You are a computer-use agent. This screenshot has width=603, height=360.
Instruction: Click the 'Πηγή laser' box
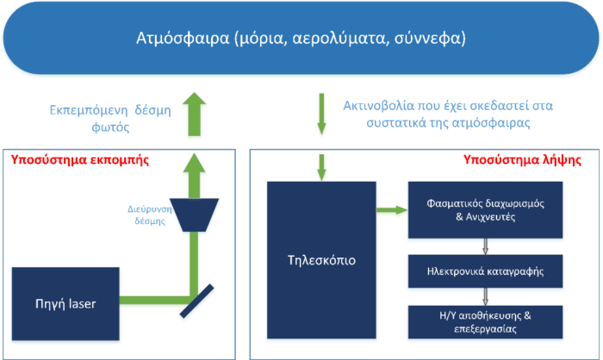tap(65, 303)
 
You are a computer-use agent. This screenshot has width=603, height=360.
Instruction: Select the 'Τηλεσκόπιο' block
tap(321, 260)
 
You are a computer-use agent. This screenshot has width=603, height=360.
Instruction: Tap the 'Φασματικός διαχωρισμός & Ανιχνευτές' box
tap(485, 209)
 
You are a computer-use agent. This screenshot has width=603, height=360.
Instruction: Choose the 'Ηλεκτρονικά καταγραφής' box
tap(485, 271)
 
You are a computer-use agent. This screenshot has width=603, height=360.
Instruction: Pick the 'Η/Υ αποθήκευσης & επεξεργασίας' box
tap(485, 322)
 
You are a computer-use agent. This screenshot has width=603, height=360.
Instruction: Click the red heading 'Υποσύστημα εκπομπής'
tap(80, 159)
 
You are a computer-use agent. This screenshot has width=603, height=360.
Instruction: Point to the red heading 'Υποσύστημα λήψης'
tap(522, 159)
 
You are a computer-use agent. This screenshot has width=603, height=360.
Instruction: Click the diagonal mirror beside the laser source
tap(196, 301)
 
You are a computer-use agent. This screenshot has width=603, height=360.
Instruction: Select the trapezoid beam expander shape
tap(194, 215)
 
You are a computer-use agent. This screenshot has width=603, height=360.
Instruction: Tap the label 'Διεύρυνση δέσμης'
tap(150, 215)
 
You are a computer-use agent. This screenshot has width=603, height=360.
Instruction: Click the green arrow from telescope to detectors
tap(392, 209)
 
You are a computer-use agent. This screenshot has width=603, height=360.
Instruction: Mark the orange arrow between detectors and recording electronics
tap(485, 246)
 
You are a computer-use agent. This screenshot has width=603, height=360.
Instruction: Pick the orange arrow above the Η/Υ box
tap(485, 296)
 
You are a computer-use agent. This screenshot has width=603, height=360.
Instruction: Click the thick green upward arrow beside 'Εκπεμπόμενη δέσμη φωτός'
tap(194, 115)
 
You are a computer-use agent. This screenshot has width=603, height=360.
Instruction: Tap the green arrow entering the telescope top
tap(321, 168)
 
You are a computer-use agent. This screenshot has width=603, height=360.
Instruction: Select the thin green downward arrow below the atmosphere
tap(321, 115)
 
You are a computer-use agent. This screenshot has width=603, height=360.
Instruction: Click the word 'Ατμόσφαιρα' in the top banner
tap(183, 38)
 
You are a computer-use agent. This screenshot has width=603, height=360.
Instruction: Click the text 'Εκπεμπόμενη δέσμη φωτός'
tap(110, 119)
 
